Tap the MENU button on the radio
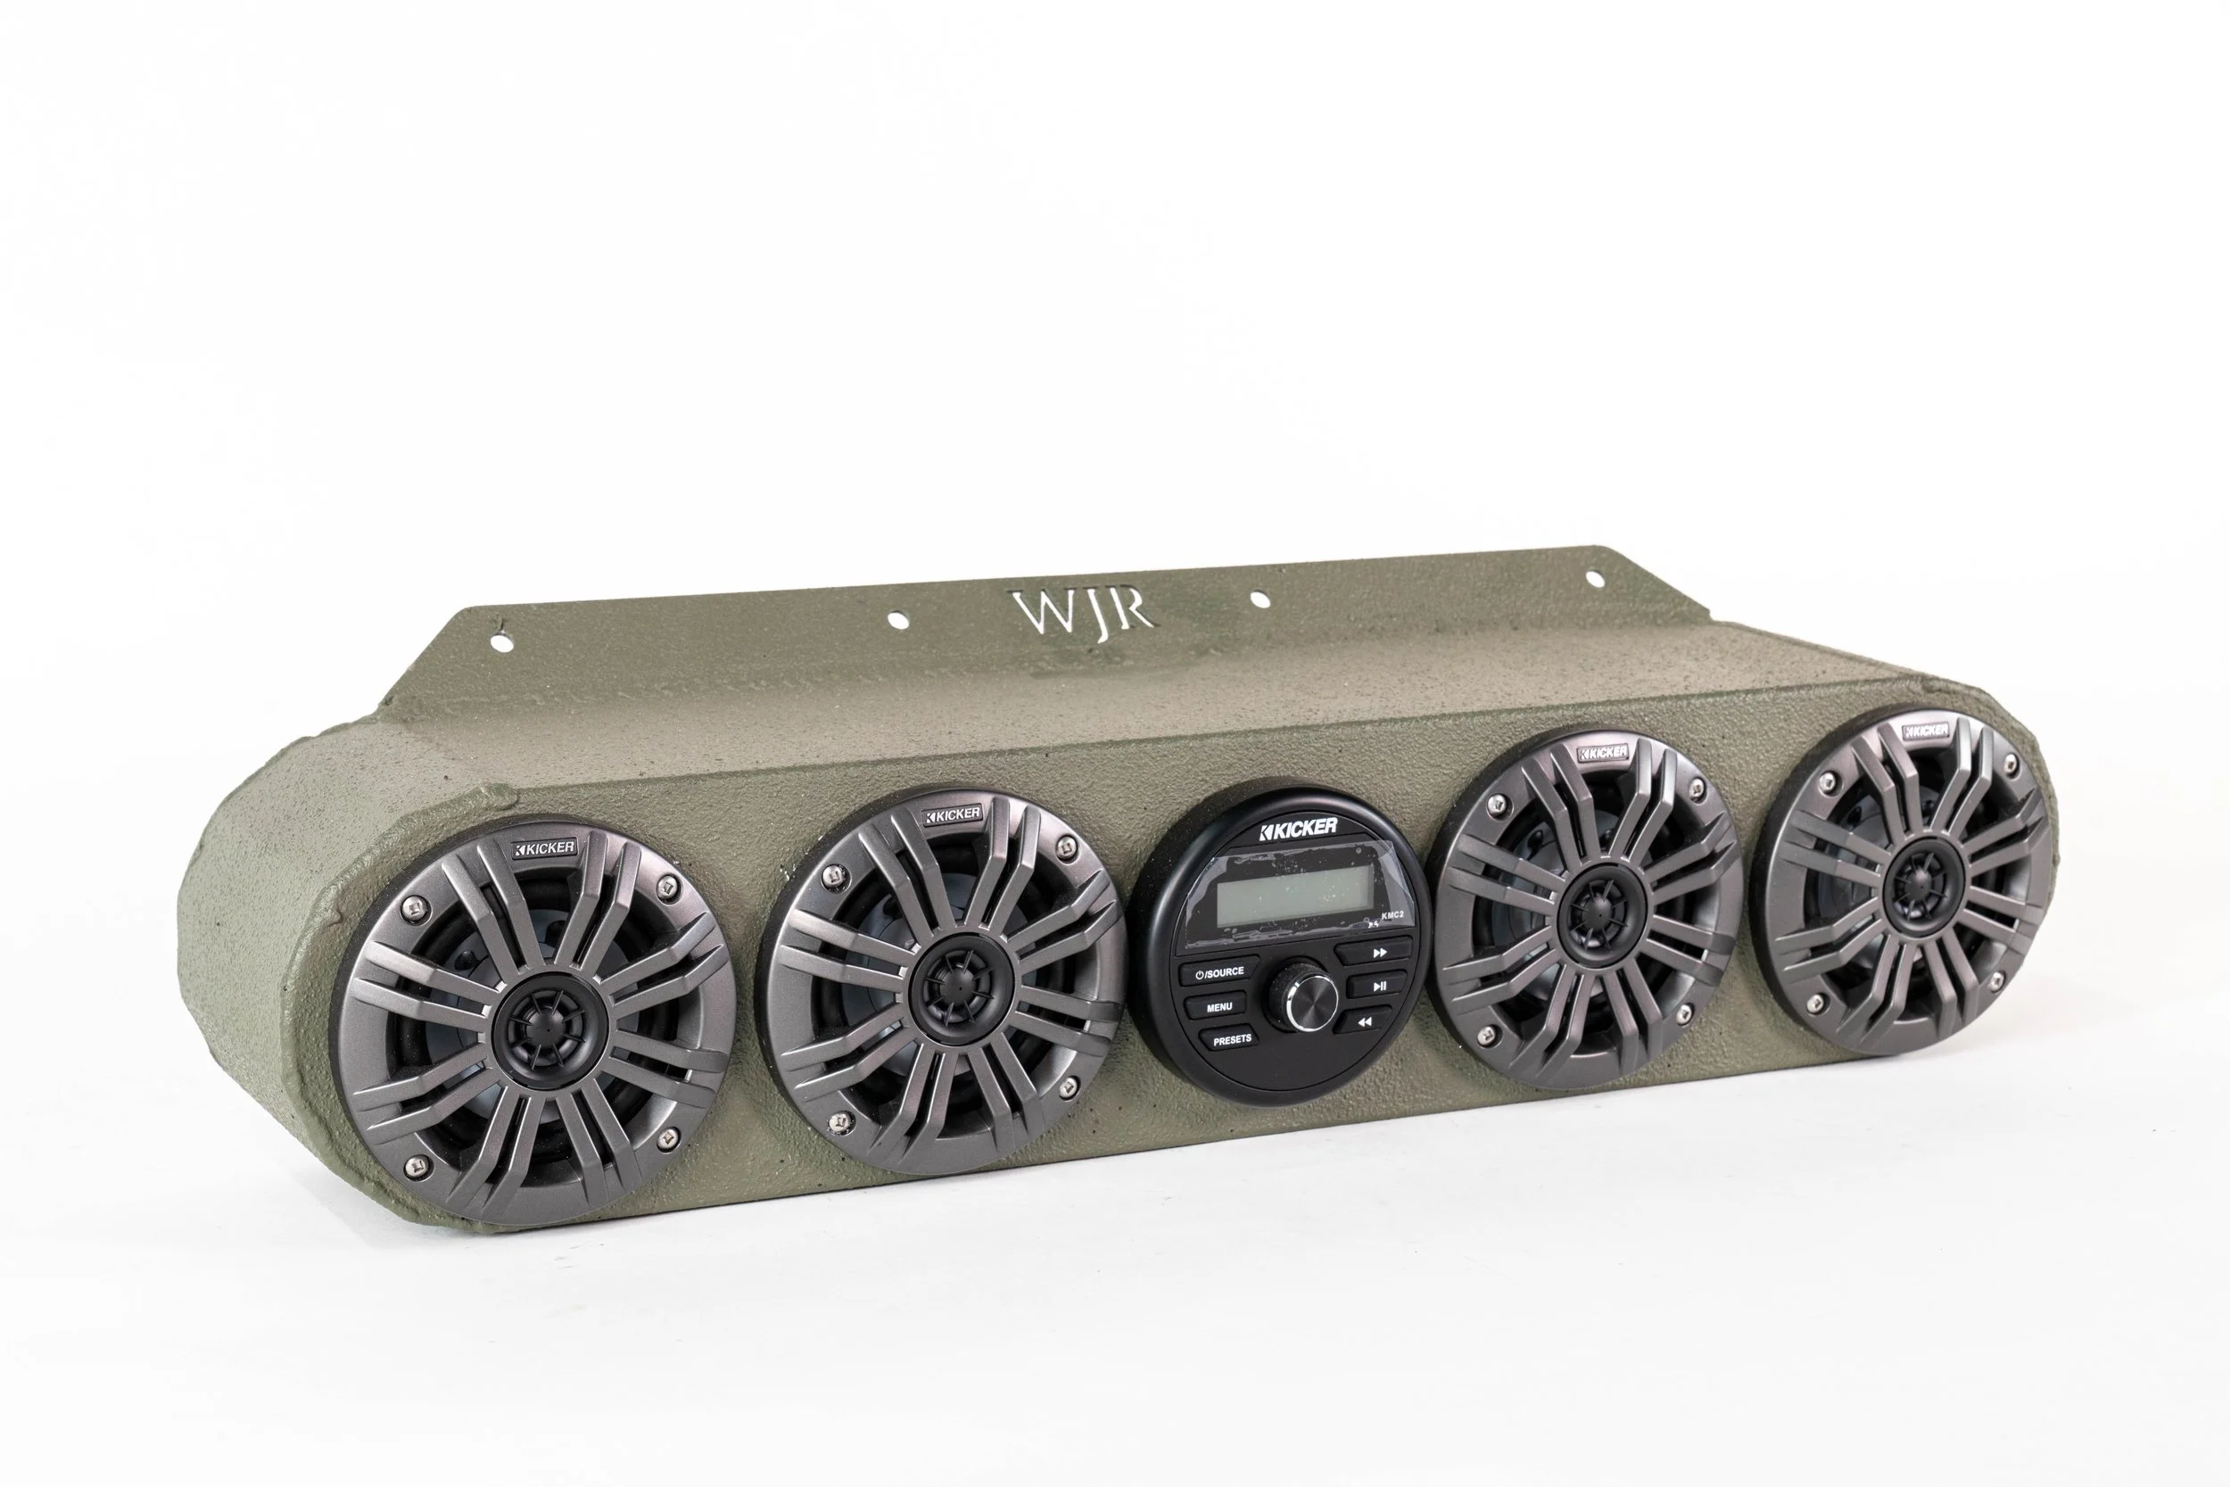1219,1007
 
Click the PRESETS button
1232,1039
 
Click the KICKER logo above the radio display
1298,828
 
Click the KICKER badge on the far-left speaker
544,847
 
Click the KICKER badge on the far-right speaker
1927,731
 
